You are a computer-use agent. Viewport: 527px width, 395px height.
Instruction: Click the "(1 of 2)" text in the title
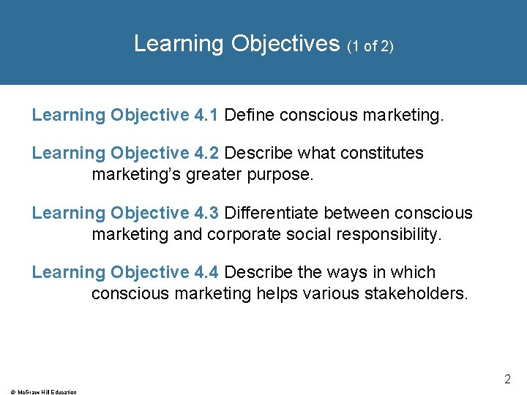point(370,46)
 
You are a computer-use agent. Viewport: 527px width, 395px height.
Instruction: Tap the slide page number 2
point(507,380)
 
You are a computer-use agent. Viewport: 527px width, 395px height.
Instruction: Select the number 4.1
point(204,116)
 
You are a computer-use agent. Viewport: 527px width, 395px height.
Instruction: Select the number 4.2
point(204,153)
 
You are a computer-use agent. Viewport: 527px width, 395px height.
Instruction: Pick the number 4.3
point(204,213)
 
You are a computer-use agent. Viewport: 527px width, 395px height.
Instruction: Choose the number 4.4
point(204,272)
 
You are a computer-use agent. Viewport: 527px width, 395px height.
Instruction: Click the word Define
point(250,116)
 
